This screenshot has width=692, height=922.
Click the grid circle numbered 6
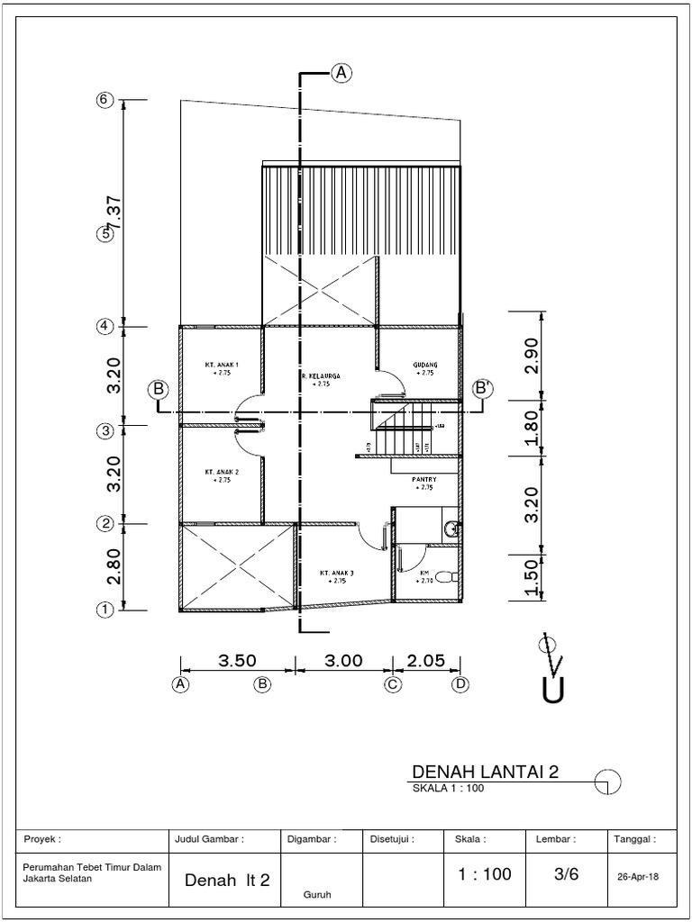coord(105,100)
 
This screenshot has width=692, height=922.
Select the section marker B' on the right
coord(484,388)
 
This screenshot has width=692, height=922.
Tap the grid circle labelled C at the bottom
coord(393,684)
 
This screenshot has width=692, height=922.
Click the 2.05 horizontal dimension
coord(426,660)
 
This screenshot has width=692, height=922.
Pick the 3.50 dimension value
coord(238,660)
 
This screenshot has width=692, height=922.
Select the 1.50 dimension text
coord(532,578)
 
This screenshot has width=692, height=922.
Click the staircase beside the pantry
coord(401,430)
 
